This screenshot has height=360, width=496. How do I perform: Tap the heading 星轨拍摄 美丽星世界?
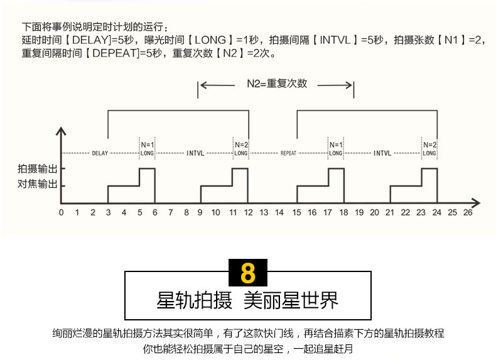[x=247, y=300]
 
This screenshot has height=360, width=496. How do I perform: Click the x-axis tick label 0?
[x=61, y=213]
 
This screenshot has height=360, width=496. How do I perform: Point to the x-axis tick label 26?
[x=467, y=213]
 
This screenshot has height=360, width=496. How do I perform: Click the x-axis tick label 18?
[x=343, y=213]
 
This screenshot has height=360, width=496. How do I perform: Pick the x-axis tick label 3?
[x=108, y=213]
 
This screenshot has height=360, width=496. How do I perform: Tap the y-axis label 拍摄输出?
[x=37, y=168]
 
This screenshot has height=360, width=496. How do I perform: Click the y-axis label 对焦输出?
[x=37, y=185]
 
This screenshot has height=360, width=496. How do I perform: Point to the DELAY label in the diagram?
[x=100, y=153]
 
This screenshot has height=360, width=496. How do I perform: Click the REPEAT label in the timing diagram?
[x=288, y=153]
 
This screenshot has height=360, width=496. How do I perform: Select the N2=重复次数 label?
[x=276, y=84]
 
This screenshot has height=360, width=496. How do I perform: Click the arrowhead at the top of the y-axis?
[x=61, y=132]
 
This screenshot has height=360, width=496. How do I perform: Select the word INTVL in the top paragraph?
[x=337, y=40]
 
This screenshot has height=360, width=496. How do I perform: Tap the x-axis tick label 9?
[x=201, y=213]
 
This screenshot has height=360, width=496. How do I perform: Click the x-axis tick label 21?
[x=390, y=213]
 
